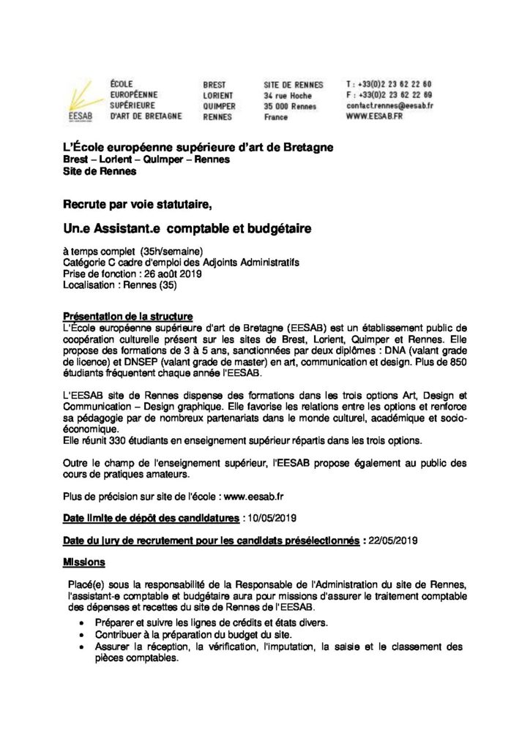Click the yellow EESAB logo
coord(78,99)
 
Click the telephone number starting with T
coord(388,83)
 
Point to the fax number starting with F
coord(388,95)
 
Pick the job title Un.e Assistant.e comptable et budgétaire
coord(187,229)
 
